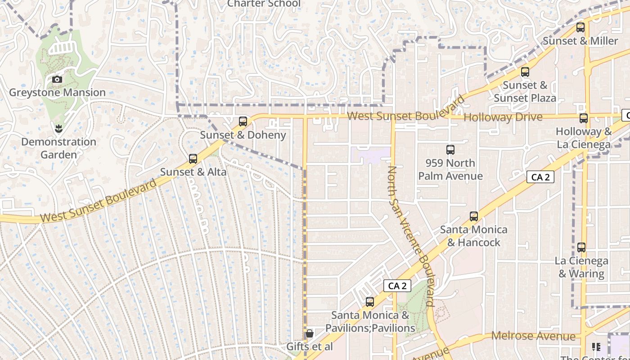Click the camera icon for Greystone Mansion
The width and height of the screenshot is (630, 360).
click(x=57, y=80)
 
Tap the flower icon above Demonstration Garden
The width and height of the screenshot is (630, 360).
click(x=58, y=129)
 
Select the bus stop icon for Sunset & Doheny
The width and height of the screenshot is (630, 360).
click(x=243, y=121)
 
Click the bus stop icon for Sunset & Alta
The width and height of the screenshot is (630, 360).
click(x=193, y=159)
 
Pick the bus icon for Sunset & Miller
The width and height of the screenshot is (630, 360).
click(x=580, y=27)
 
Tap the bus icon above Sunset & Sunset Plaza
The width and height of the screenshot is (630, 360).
click(x=525, y=72)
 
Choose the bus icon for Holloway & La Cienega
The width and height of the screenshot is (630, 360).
click(x=584, y=119)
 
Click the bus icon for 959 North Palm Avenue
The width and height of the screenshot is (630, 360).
click(x=450, y=150)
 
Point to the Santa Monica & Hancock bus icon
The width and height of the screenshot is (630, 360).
click(x=474, y=216)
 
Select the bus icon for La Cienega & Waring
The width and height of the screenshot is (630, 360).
click(x=581, y=247)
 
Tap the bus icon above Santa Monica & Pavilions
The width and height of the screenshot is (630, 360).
click(x=370, y=302)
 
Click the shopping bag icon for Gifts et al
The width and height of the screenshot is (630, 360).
click(x=310, y=333)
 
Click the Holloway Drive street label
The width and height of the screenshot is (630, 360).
click(x=503, y=117)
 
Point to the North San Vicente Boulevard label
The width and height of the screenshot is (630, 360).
click(x=412, y=236)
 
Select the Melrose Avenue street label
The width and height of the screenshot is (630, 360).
click(x=533, y=336)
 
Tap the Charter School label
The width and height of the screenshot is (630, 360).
click(x=264, y=4)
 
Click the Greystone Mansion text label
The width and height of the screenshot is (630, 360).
click(x=57, y=93)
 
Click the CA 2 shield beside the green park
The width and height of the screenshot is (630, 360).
click(x=397, y=286)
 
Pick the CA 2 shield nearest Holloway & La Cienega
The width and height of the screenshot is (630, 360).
click(x=540, y=177)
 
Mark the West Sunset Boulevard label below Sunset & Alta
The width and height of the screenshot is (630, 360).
click(x=99, y=201)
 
